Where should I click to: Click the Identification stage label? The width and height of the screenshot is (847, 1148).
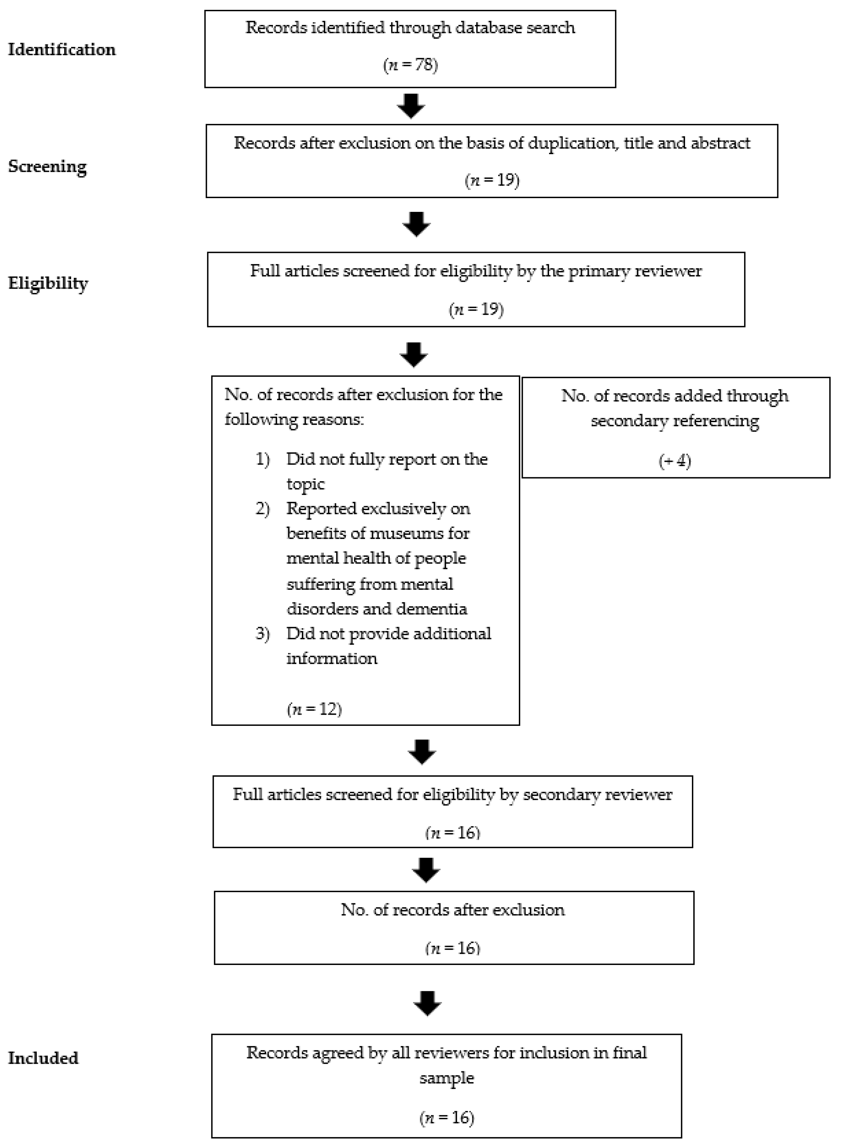[62, 50]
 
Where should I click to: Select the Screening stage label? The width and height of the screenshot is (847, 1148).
[47, 167]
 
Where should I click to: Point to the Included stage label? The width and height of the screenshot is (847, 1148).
[43, 1058]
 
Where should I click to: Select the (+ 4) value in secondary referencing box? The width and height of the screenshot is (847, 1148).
[675, 461]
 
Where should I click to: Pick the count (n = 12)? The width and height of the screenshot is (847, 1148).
[314, 709]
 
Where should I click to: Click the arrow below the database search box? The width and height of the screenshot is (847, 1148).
[411, 106]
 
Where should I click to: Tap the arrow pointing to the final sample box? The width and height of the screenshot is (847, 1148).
[427, 1003]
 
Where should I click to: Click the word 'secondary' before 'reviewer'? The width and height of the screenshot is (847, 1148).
[556, 794]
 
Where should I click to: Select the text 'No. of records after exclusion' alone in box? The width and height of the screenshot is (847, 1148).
[453, 910]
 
